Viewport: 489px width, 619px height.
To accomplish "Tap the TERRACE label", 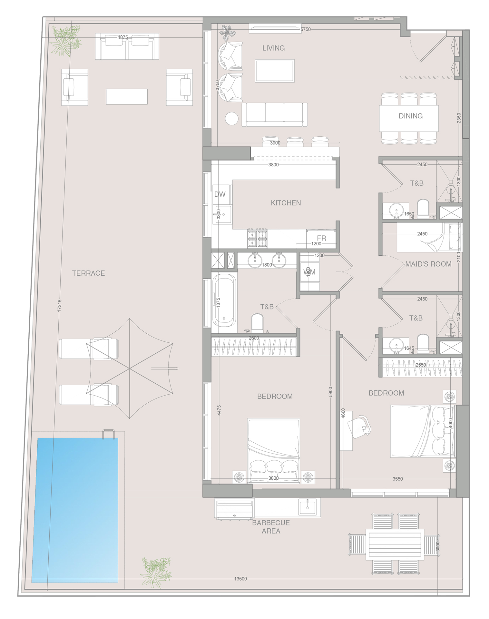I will (x=88, y=273).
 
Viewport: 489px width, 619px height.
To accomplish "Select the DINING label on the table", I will (x=410, y=116).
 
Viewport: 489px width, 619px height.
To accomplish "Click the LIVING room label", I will (x=273, y=48).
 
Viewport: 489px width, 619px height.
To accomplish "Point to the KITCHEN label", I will (x=286, y=203).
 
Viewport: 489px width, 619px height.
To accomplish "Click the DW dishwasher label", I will (x=220, y=194).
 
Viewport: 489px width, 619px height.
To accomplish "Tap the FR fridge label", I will (x=321, y=238).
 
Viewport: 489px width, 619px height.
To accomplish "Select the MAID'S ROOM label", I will (x=428, y=264).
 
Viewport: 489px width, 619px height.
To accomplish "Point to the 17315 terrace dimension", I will (x=59, y=305).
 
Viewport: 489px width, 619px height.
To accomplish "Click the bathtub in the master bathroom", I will (x=224, y=300).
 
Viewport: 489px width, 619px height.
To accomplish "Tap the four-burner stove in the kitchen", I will (x=257, y=239).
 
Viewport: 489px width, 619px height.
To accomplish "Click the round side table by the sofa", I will (x=231, y=118).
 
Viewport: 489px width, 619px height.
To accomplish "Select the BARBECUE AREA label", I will (x=271, y=527).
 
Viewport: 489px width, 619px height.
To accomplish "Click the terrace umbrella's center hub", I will (x=129, y=368).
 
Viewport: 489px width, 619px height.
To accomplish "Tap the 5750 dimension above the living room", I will (x=305, y=29).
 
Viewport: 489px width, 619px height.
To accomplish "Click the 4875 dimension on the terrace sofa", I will (x=122, y=37).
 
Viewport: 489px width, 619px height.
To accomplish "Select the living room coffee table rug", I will (x=274, y=71).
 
